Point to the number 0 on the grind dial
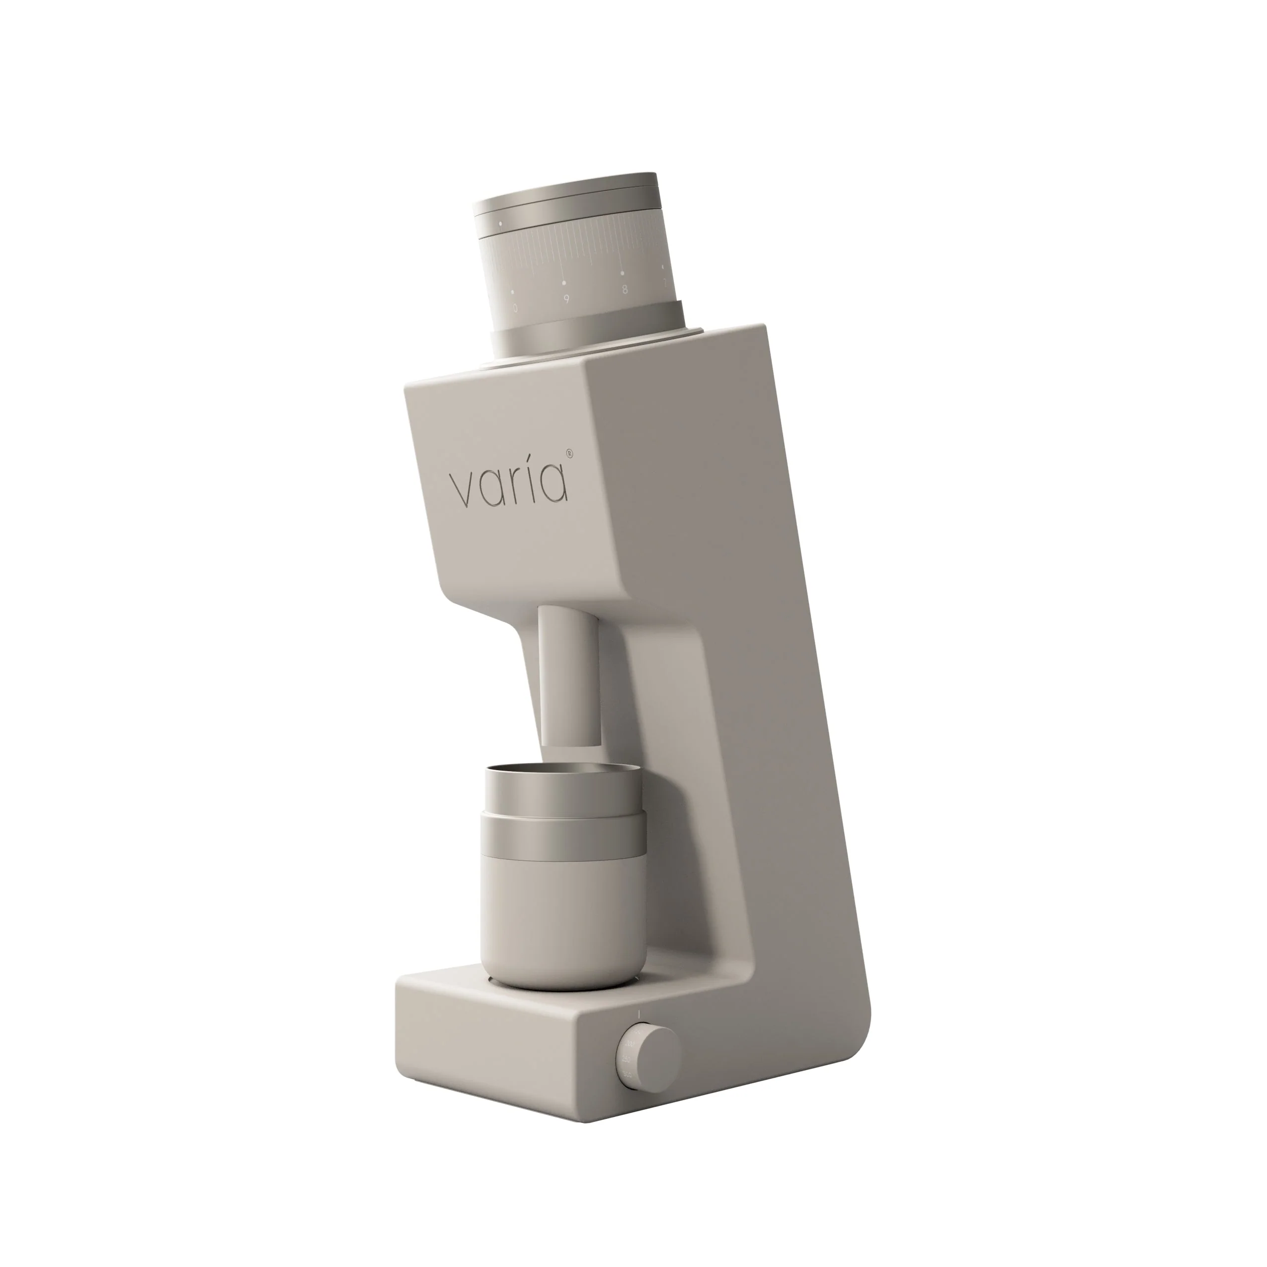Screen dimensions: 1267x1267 click(x=515, y=307)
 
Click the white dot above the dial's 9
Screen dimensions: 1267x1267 click(x=564, y=283)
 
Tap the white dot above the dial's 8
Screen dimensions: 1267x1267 click(x=622, y=272)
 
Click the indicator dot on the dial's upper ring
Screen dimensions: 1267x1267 click(x=501, y=224)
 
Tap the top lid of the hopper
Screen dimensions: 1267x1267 click(x=567, y=197)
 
